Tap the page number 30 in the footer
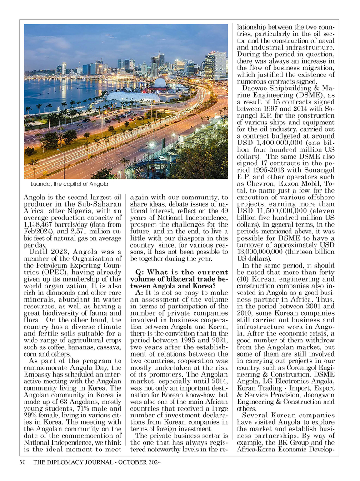[22, 463]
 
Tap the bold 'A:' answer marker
[140, 293]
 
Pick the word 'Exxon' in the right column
[285, 182]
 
